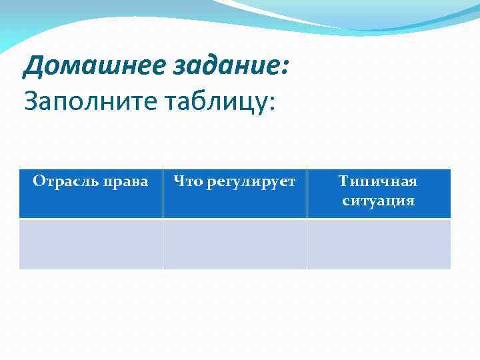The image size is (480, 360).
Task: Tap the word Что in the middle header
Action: tap(188, 181)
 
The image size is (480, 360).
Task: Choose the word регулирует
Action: tap(251, 181)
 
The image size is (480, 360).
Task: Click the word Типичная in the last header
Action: tap(378, 181)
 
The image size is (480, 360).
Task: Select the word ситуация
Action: tap(378, 201)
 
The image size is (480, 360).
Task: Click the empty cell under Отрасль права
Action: tap(91, 244)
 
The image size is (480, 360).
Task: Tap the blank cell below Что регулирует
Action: tap(235, 244)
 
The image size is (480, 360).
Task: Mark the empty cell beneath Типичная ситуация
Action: tap(379, 244)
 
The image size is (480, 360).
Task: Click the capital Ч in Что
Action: tap(179, 181)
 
